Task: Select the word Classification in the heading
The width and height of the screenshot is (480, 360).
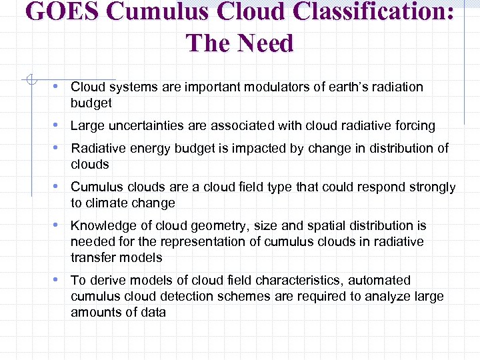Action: point(381,13)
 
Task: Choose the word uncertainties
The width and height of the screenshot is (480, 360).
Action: point(147,125)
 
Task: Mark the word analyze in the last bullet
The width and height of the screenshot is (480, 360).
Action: point(371,297)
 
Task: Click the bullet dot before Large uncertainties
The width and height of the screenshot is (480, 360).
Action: point(61,125)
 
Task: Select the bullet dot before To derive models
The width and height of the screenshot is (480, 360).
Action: point(61,280)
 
